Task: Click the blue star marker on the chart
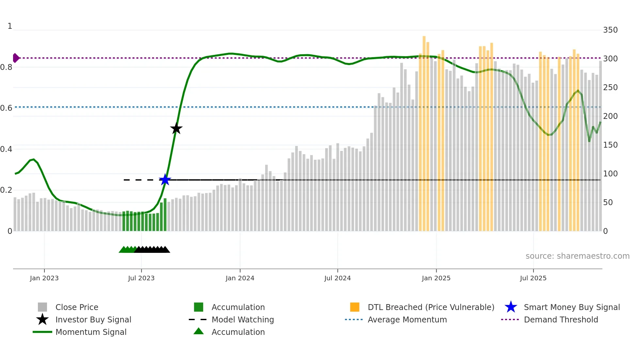[x=165, y=180]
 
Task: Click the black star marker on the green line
[x=176, y=128]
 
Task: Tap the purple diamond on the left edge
[x=16, y=58]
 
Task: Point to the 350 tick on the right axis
[x=610, y=30]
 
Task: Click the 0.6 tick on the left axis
[x=6, y=108]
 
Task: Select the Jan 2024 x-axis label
[x=240, y=278]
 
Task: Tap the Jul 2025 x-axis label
[x=533, y=278]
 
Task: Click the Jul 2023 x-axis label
[x=141, y=278]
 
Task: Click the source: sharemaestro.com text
[x=577, y=256]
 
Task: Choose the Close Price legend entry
[x=76, y=307]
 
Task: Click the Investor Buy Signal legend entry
[x=93, y=319]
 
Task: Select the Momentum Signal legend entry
[x=91, y=332]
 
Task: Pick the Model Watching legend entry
[x=242, y=319]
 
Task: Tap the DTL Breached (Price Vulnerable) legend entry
[x=431, y=307]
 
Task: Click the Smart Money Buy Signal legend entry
[x=571, y=307]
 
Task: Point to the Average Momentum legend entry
[x=407, y=319]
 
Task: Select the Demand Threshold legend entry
[x=561, y=319]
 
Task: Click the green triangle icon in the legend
[x=199, y=331]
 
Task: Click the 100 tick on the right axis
[x=610, y=174]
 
